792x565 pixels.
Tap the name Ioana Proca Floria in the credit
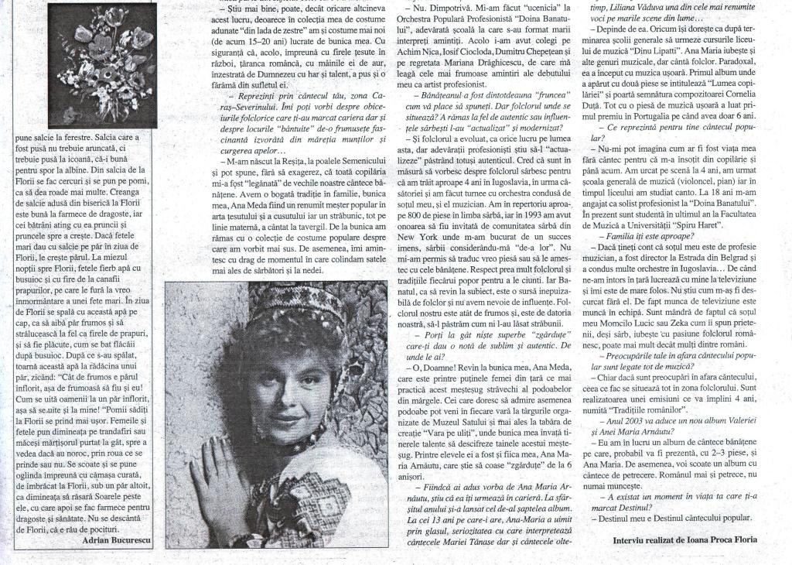717,539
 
